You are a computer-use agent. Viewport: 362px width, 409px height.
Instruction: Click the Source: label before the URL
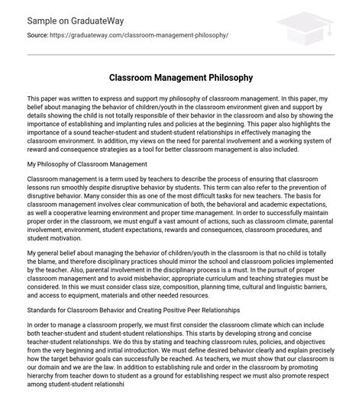[x=40, y=36]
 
